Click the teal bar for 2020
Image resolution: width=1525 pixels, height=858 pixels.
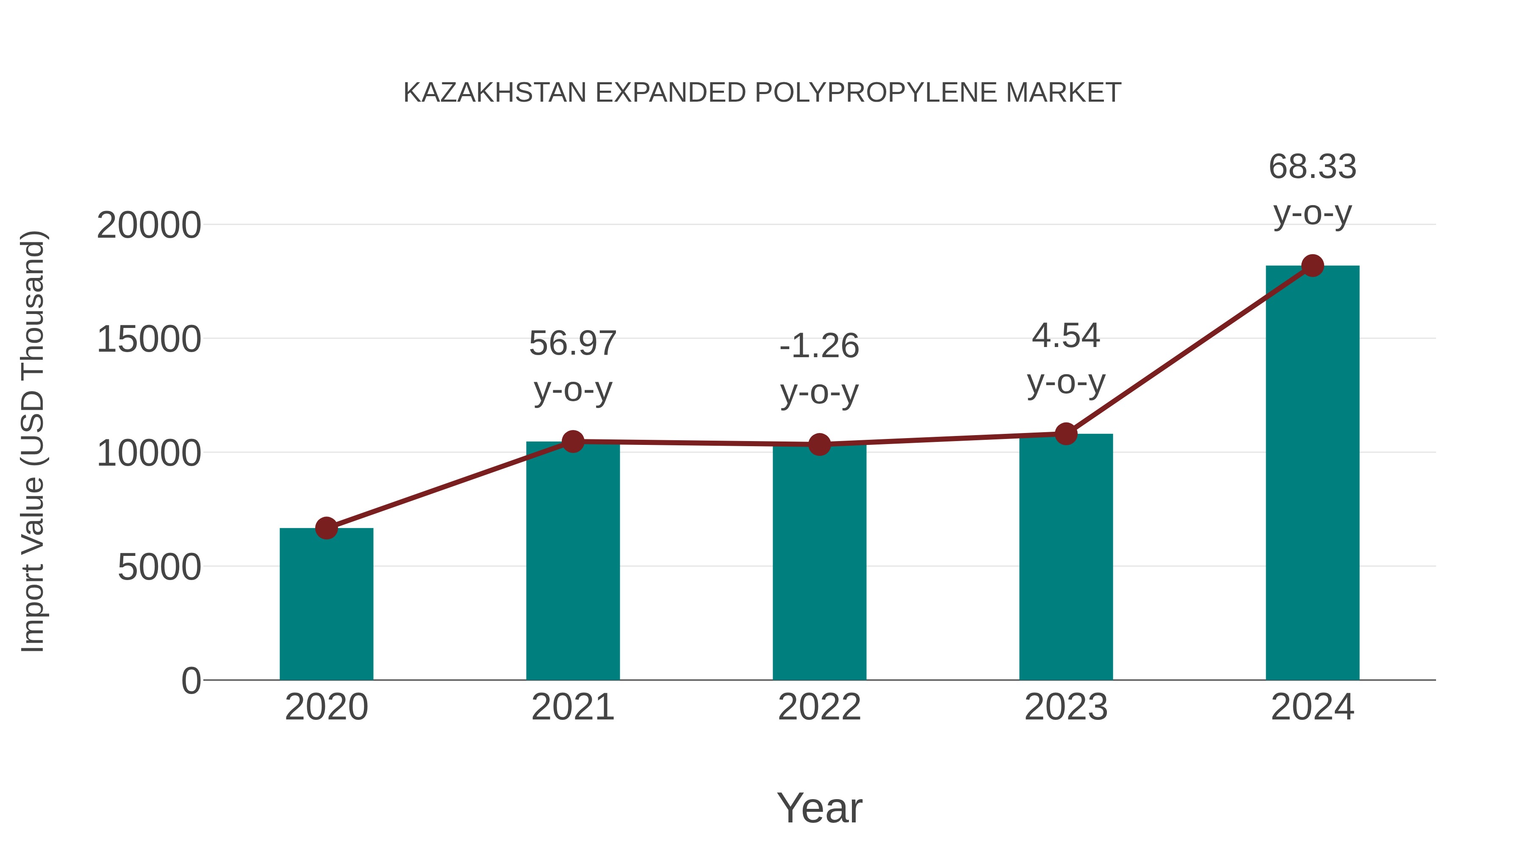326,604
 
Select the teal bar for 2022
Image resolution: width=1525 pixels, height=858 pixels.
819,563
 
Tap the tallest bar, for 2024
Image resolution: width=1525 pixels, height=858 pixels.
1312,474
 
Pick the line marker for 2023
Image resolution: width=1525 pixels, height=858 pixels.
1066,433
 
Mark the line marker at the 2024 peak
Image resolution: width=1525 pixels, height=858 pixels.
1312,266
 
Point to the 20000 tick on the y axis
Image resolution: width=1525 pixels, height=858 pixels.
149,225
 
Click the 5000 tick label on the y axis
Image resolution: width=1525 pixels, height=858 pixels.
159,567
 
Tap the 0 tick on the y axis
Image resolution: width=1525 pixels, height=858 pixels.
191,681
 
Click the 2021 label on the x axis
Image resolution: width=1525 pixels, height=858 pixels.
572,707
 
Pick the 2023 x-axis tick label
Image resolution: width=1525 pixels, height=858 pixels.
1066,707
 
